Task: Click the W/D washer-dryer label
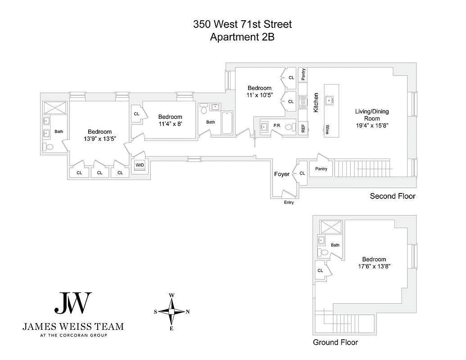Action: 140,165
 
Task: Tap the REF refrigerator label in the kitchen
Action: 303,127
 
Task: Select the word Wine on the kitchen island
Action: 327,130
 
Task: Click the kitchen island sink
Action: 329,99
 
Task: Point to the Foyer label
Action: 281,174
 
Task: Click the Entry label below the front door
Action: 289,202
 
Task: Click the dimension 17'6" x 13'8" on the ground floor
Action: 374,266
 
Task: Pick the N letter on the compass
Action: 188,311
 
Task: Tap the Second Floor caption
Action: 392,196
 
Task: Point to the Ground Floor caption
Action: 335,342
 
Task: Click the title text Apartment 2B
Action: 242,37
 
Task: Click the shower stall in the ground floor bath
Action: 330,227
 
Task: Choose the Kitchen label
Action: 316,103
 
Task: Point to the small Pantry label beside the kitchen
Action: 303,74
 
